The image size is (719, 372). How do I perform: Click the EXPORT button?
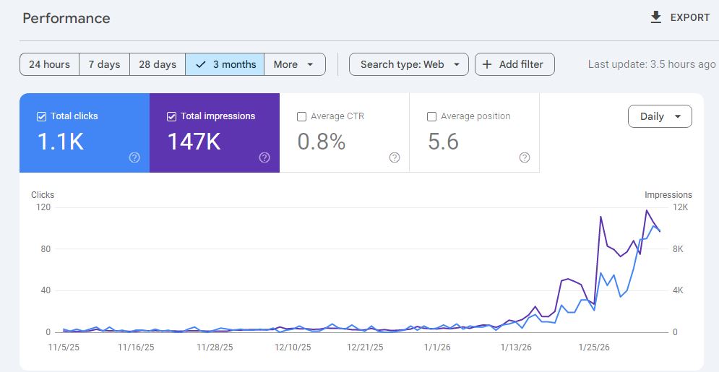click(x=680, y=17)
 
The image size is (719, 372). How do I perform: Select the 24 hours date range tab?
click(x=49, y=64)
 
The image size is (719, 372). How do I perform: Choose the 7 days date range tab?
click(x=104, y=64)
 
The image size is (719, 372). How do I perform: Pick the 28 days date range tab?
click(x=158, y=64)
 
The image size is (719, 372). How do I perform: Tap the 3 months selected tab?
click(x=225, y=64)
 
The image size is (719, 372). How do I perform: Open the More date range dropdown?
click(x=294, y=64)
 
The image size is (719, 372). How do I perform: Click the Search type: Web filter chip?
click(x=409, y=64)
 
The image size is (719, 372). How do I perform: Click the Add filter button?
click(x=514, y=64)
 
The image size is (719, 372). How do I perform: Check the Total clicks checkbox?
click(x=41, y=116)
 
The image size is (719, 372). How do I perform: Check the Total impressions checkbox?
click(x=171, y=116)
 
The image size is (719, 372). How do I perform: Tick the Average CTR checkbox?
click(x=301, y=116)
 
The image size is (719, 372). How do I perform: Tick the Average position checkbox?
click(x=431, y=116)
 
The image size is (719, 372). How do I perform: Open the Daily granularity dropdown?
click(x=660, y=116)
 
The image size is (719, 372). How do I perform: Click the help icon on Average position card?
click(x=525, y=157)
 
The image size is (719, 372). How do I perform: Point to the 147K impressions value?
click(x=194, y=142)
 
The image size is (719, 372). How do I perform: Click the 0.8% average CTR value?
click(x=321, y=142)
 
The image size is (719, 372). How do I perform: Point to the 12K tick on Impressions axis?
click(x=681, y=207)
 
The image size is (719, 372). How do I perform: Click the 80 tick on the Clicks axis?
click(x=44, y=249)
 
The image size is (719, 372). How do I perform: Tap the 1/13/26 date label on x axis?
click(x=515, y=347)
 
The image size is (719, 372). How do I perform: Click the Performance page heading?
click(x=66, y=18)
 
